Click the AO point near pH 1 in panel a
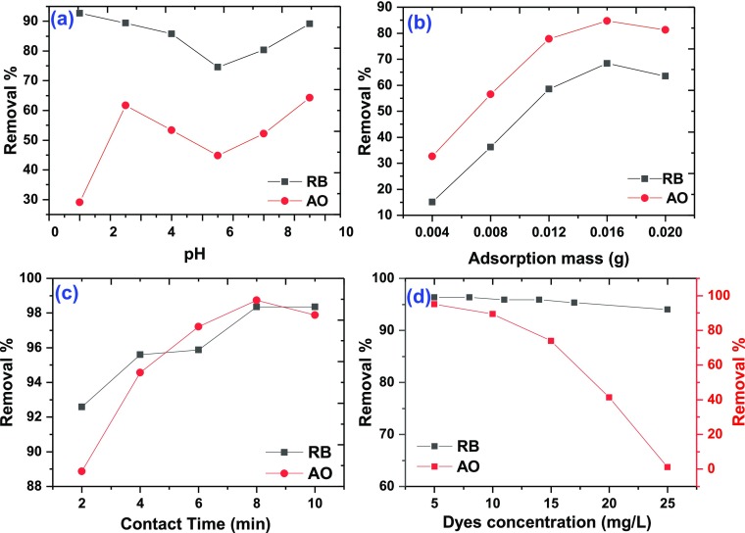(79, 202)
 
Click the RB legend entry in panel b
(670, 179)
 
